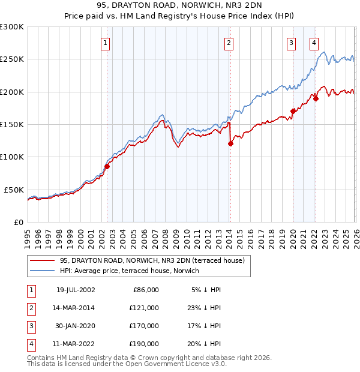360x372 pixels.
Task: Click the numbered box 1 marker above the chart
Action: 105,43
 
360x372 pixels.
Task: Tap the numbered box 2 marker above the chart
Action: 229,43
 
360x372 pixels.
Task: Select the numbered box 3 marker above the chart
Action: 291,43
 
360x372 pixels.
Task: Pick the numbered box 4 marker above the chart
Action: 314,43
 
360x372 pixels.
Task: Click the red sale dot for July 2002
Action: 107,166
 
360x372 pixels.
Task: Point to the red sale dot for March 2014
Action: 230,143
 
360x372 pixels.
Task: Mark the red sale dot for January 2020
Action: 293,111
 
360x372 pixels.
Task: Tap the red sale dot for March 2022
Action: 316,98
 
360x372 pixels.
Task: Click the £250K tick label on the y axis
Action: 12,59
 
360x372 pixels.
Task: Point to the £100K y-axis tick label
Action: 12,157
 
